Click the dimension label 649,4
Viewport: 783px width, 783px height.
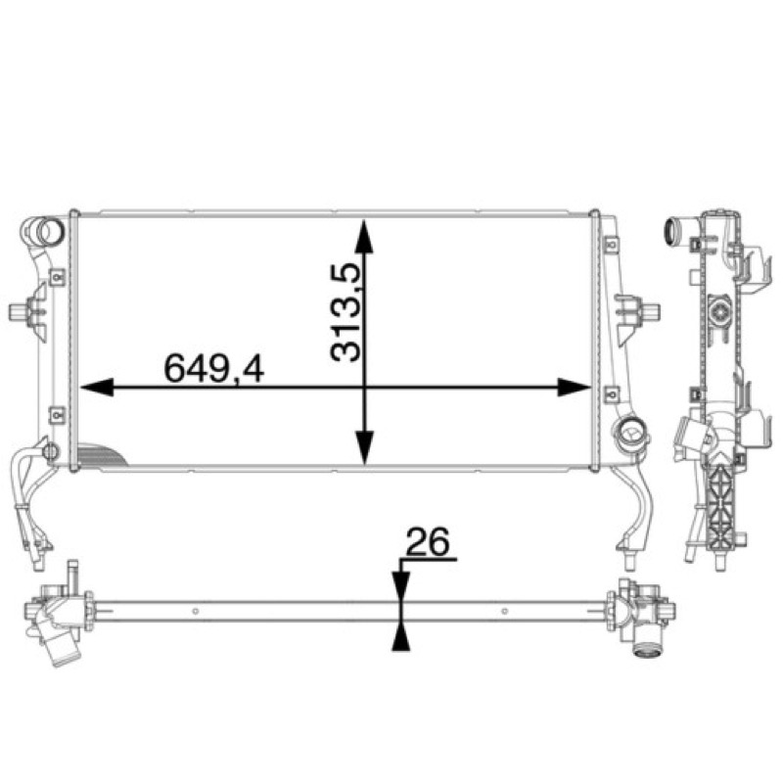coord(213,368)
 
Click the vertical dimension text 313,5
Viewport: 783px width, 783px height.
coord(345,312)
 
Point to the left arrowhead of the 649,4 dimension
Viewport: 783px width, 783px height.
coord(96,387)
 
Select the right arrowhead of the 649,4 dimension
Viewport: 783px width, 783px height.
coord(574,387)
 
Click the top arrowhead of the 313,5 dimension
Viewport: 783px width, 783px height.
coord(365,236)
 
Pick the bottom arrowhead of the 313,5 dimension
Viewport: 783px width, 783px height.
coord(365,448)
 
